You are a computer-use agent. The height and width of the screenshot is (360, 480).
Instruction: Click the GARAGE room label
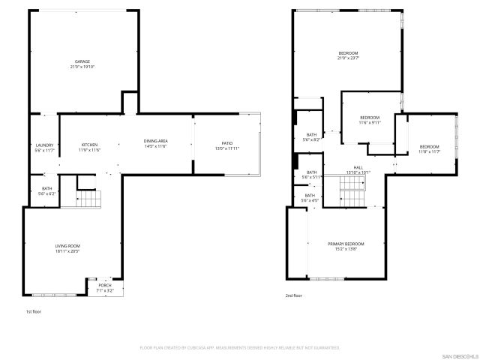click(82, 61)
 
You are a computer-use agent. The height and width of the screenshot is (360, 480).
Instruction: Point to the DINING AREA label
click(155, 142)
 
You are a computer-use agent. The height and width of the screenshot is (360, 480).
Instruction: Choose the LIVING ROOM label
click(67, 246)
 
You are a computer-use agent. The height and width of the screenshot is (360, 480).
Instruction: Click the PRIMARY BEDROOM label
click(346, 244)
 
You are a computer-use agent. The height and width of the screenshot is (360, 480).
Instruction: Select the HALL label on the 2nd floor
click(358, 167)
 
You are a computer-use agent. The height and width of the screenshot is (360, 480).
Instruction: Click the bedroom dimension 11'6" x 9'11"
click(370, 122)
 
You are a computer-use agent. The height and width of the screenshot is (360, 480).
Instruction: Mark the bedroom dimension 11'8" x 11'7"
click(429, 151)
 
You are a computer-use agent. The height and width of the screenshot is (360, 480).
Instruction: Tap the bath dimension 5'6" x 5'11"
click(310, 177)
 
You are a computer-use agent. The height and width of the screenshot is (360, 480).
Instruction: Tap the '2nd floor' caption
click(293, 296)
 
